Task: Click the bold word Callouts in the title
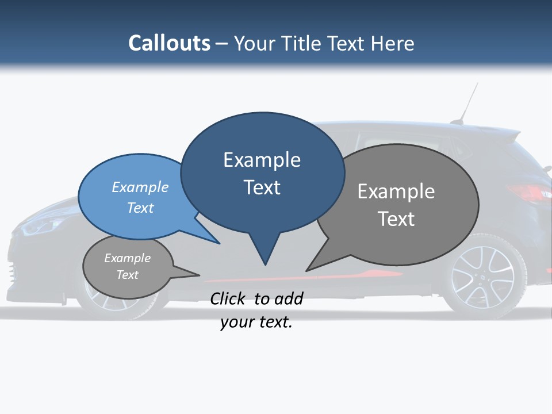pos(169,43)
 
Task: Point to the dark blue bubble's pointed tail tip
pos(265,264)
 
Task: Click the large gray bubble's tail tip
pos(306,270)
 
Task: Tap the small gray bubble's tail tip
pos(199,275)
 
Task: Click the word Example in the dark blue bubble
pos(262,160)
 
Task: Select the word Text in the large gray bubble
pos(396,218)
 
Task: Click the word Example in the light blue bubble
pos(140,187)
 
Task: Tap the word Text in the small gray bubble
pos(128,275)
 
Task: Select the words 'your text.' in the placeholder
pos(256,322)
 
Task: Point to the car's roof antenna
pos(469,103)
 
